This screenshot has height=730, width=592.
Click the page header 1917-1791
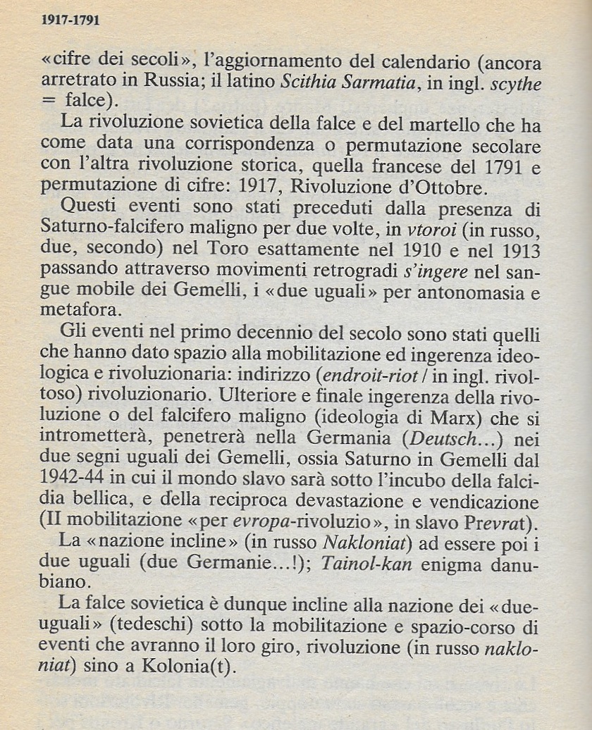(x=70, y=21)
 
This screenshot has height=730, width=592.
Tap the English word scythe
(x=517, y=82)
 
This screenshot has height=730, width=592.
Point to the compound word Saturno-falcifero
(x=128, y=230)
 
